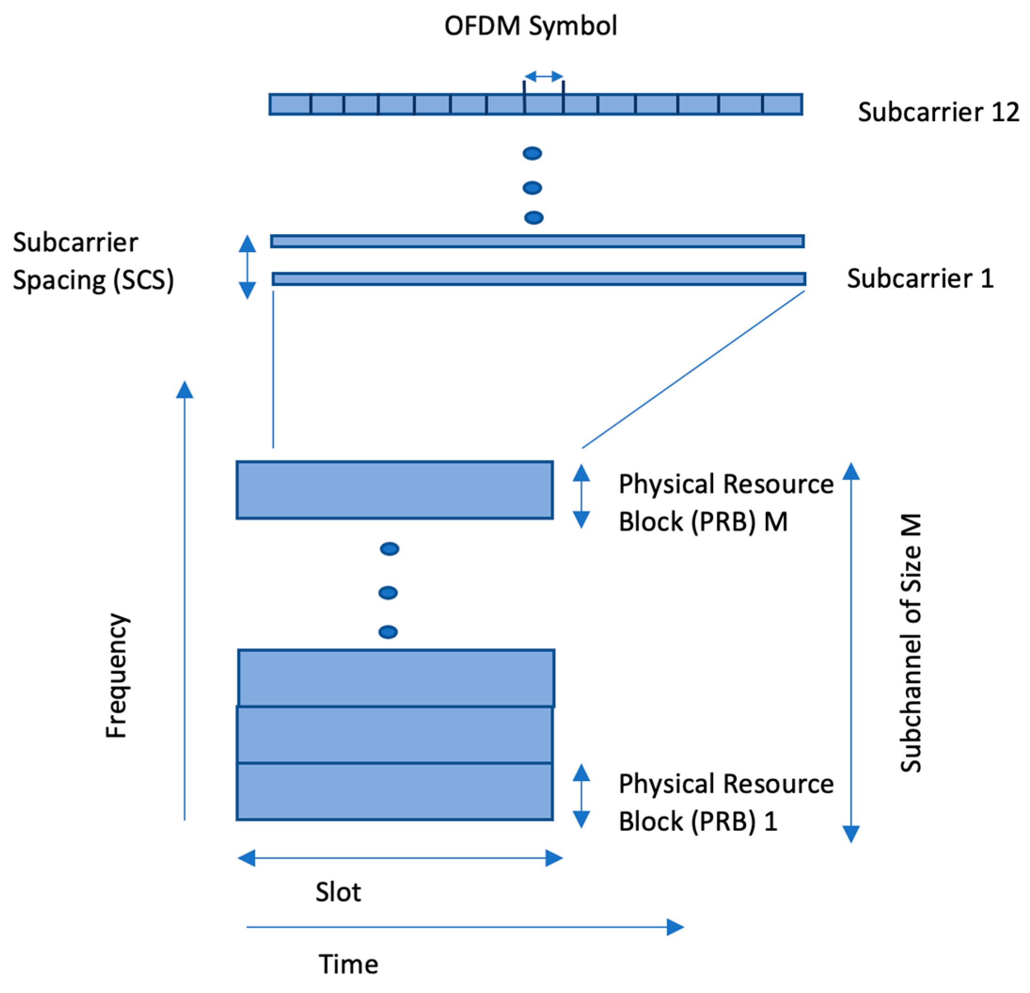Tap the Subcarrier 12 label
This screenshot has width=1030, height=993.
pyautogui.click(x=938, y=112)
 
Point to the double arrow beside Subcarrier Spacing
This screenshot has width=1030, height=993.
pyautogui.click(x=247, y=267)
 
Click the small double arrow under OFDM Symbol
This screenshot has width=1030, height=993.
pyautogui.click(x=543, y=77)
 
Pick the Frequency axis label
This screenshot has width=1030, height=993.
pyautogui.click(x=116, y=676)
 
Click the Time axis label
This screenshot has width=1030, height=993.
pyautogui.click(x=348, y=963)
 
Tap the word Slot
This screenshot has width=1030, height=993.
pyautogui.click(x=338, y=891)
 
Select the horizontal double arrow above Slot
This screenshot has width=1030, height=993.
pyautogui.click(x=400, y=858)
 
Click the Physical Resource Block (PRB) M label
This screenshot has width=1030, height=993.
pyautogui.click(x=725, y=503)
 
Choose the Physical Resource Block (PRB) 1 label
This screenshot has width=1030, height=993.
pyautogui.click(x=725, y=802)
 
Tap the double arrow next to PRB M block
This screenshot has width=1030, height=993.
pyautogui.click(x=581, y=496)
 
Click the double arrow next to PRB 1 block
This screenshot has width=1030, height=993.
pyautogui.click(x=581, y=796)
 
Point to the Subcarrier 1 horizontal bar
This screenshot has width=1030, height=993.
pyautogui.click(x=539, y=279)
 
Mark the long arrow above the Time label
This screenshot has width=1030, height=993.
pyautogui.click(x=464, y=927)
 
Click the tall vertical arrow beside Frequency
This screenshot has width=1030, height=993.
pyautogui.click(x=184, y=599)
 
